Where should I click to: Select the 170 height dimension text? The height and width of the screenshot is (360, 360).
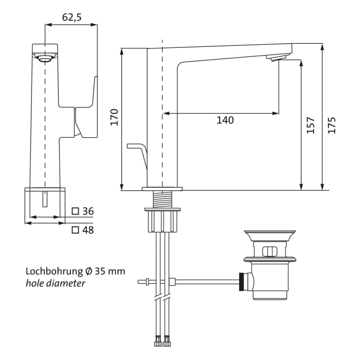(114, 118)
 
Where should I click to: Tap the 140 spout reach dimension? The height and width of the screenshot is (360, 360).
(225, 120)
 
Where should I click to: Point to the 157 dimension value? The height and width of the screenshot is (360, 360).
(311, 125)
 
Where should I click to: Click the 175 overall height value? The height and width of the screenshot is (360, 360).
(332, 125)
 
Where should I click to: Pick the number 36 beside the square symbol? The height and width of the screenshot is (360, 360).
(88, 211)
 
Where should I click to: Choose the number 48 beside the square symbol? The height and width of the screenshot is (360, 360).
(88, 230)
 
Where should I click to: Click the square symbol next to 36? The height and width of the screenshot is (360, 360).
(75, 211)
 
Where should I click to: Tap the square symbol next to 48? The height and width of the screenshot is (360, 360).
(75, 230)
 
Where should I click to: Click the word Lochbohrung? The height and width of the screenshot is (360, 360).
(54, 271)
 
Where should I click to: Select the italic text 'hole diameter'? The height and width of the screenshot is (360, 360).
(56, 283)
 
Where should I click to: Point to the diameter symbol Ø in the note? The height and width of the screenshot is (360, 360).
(89, 271)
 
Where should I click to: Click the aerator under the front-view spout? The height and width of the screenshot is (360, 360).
(45, 59)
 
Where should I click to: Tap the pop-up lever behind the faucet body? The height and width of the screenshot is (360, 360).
(136, 148)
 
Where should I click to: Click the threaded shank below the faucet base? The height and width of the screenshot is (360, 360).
(162, 199)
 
